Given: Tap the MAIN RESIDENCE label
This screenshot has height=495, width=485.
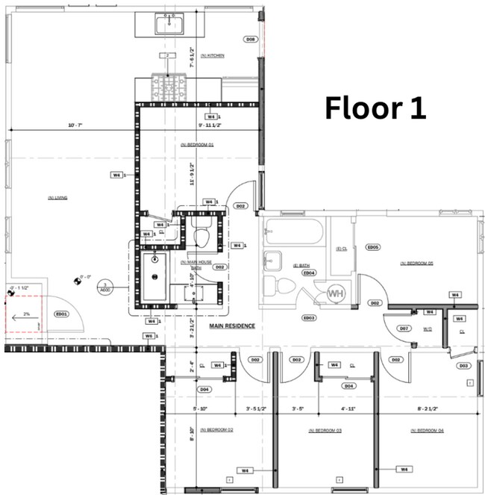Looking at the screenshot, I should [x=232, y=326].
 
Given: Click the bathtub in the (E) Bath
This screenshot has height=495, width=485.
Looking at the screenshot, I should [x=294, y=232].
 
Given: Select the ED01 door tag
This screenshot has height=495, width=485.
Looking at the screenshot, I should [x=61, y=314].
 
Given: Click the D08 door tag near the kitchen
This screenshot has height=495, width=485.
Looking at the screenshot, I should [x=251, y=39].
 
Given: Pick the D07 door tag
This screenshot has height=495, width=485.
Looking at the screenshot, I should [x=404, y=329].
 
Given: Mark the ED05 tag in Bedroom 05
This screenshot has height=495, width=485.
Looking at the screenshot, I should [x=373, y=247].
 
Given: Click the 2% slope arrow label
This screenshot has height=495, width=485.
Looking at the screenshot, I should [x=26, y=314].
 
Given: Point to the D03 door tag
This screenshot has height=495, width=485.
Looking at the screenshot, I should [x=463, y=366].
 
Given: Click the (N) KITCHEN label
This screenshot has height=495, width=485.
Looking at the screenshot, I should [x=212, y=56].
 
